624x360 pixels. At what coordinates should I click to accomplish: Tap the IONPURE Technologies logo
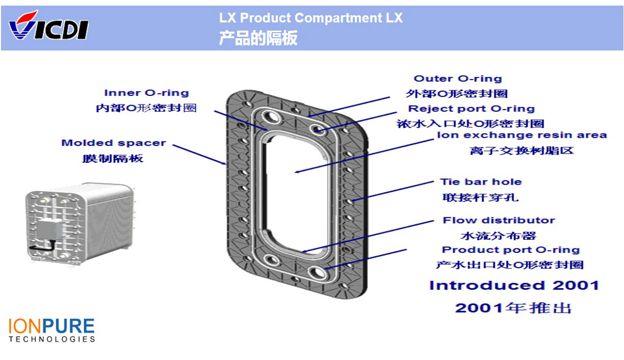click(x=51, y=329)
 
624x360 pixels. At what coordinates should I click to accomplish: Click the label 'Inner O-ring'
click(x=146, y=93)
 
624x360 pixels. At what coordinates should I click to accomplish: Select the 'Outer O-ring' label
click(x=457, y=79)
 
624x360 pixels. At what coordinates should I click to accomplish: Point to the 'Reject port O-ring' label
click(x=471, y=109)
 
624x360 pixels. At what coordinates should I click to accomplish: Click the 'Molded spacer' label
click(x=113, y=143)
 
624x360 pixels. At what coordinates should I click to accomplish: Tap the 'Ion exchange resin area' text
click(x=522, y=135)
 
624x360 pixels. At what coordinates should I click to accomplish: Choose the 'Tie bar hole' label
click(x=481, y=182)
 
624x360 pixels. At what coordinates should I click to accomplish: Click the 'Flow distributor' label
click(x=499, y=220)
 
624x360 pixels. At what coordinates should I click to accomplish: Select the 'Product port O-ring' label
click(x=510, y=250)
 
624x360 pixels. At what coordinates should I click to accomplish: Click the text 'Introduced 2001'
click(x=514, y=285)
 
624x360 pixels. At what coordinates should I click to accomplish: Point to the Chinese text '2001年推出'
click(x=513, y=308)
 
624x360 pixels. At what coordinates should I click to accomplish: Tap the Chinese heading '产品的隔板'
click(x=258, y=38)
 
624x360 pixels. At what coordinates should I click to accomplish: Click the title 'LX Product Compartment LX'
click(x=310, y=18)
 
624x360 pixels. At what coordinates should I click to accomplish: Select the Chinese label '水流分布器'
click(x=498, y=236)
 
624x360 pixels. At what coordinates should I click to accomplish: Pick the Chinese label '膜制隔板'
click(x=113, y=158)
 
